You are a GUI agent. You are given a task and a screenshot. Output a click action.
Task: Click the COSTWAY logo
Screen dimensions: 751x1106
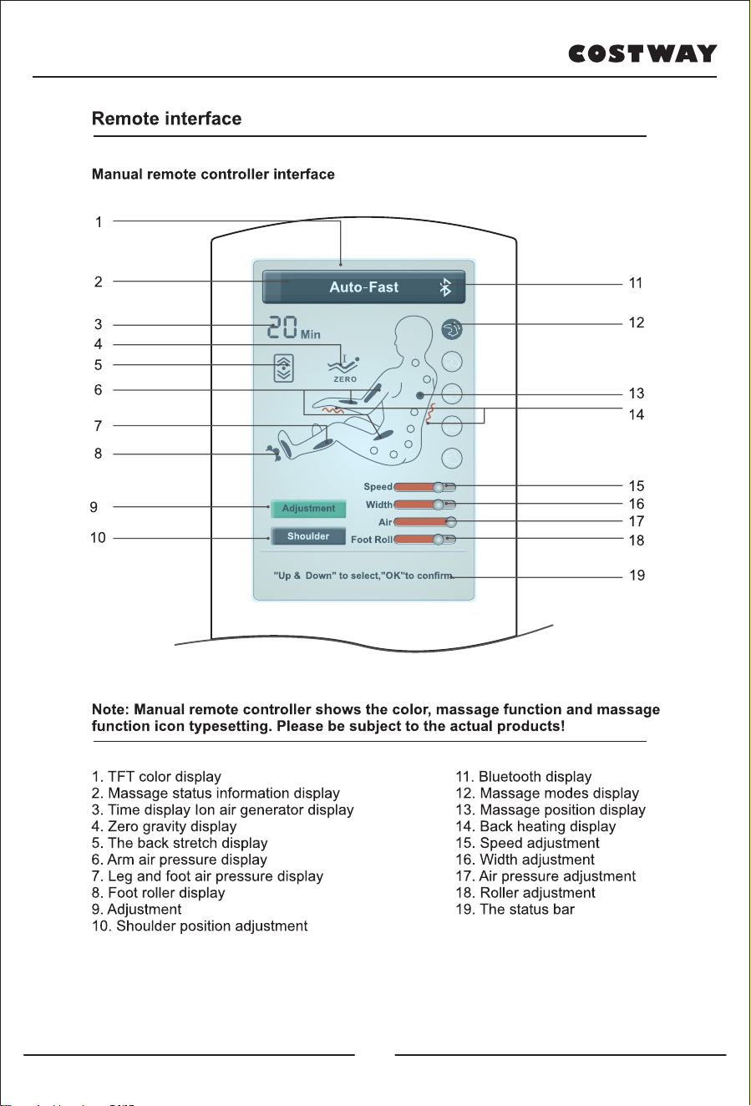tap(642, 53)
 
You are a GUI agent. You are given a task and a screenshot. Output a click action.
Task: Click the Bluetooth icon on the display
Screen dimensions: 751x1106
tap(445, 287)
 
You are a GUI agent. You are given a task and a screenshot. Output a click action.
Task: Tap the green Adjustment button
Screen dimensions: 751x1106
tap(308, 509)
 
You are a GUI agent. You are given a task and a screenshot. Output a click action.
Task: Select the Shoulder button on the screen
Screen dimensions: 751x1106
tap(308, 536)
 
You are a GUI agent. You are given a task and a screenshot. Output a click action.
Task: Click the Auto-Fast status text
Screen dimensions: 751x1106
tap(364, 287)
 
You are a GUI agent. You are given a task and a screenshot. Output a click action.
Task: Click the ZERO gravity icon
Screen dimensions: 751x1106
tap(343, 368)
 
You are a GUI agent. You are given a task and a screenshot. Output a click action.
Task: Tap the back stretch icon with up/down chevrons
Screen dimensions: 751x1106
tap(283, 368)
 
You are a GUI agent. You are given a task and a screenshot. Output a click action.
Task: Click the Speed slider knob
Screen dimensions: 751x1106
tap(438, 487)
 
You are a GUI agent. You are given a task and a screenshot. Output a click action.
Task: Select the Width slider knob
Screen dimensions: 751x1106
tap(438, 505)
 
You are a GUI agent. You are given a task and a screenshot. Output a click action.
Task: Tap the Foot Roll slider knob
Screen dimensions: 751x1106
tap(438, 540)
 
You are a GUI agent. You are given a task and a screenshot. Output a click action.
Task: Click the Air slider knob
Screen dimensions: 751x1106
tap(450, 522)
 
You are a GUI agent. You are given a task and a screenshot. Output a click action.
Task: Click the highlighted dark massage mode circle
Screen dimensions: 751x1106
tap(452, 329)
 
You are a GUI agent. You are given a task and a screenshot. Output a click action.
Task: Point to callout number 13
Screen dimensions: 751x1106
tap(637, 393)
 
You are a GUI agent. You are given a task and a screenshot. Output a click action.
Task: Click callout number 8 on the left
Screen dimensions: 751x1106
tap(99, 454)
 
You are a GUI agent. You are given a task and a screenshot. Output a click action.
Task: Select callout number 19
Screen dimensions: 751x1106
tap(637, 576)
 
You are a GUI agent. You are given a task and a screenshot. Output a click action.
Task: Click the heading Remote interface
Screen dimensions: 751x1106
tap(167, 119)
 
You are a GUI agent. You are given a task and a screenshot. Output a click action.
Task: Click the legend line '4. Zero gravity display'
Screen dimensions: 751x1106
tap(164, 826)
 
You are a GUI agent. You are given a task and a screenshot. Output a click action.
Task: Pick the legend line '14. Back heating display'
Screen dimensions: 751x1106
tap(535, 826)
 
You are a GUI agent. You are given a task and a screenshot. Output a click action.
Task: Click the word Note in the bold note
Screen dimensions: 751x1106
tap(110, 709)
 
